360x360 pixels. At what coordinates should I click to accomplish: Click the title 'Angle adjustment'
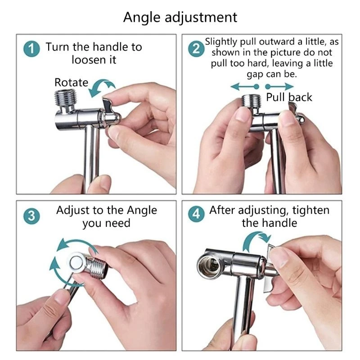click(180, 18)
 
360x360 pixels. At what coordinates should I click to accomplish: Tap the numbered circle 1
click(31, 49)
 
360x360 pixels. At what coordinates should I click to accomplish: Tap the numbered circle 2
click(196, 49)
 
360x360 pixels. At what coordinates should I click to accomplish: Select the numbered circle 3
click(31, 216)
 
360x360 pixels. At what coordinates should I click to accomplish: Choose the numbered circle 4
click(196, 214)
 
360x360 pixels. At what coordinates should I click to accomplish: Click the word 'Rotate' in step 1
click(71, 82)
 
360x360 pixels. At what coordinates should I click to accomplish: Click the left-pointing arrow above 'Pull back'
click(245, 86)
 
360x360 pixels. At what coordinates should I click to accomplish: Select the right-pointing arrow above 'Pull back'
click(279, 86)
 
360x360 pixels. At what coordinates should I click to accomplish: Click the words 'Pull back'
click(289, 97)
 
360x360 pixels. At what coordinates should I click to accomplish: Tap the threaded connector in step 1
click(65, 98)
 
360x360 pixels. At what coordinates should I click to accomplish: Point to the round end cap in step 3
click(76, 262)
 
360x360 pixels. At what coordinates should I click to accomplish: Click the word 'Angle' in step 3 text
click(142, 211)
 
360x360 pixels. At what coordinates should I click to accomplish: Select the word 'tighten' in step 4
click(311, 210)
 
